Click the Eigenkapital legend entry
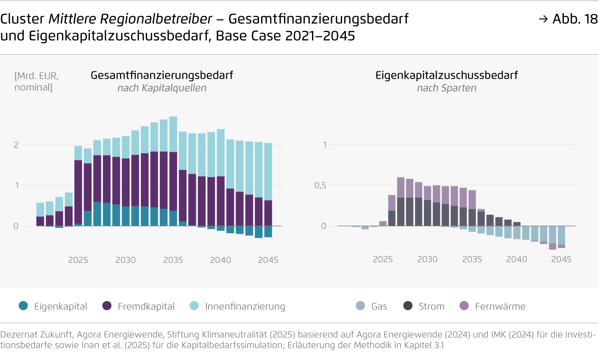(53, 306)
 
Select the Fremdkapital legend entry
(139, 306)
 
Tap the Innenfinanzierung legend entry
(237, 306)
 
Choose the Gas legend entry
(372, 306)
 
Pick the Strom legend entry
(424, 306)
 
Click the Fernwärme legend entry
(493, 306)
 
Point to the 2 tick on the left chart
(16, 145)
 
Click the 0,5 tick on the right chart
(320, 186)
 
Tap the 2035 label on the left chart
(173, 260)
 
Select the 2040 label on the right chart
(516, 260)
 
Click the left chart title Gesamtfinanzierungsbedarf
(162, 75)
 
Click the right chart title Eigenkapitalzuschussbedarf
(446, 75)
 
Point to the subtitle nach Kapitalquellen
(162, 88)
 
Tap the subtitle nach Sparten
(446, 88)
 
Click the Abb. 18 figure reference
(568, 19)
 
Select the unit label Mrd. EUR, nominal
(36, 81)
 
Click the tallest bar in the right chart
(401, 201)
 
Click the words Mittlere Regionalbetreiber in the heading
(130, 19)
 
